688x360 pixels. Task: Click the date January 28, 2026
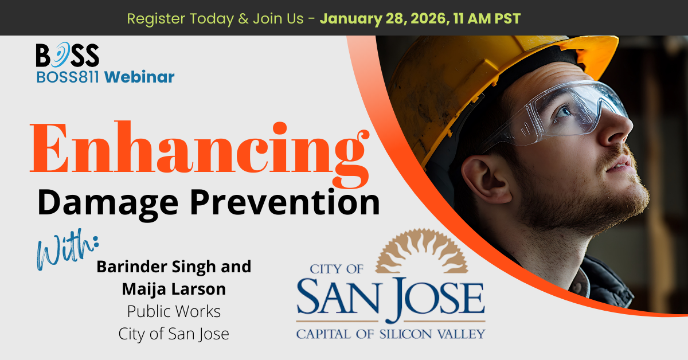[383, 19]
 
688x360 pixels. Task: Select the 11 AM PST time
[487, 18]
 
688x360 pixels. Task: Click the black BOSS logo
[68, 54]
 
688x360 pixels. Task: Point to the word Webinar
[139, 77]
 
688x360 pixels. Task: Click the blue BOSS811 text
[68, 77]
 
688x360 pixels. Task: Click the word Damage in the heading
[108, 204]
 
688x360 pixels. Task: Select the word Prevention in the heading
[285, 202]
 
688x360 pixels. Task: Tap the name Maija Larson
[174, 289]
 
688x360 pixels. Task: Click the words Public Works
[174, 311]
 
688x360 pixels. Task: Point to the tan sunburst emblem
[421, 251]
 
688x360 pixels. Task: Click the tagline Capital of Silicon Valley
[390, 334]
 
